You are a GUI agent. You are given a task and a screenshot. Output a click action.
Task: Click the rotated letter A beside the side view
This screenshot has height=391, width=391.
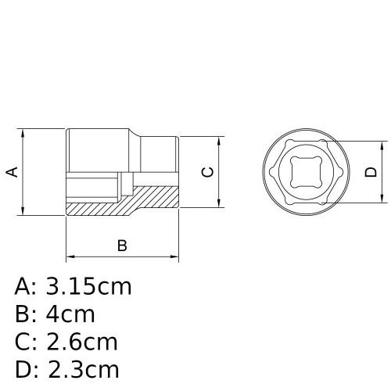tap(13, 171)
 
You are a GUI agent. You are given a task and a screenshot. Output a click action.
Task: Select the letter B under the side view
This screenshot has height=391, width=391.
tap(122, 246)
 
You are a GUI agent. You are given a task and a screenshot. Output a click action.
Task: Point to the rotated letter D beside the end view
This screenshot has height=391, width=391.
tap(371, 174)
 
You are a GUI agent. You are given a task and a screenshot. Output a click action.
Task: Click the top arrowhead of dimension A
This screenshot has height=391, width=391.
tap(27, 132)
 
